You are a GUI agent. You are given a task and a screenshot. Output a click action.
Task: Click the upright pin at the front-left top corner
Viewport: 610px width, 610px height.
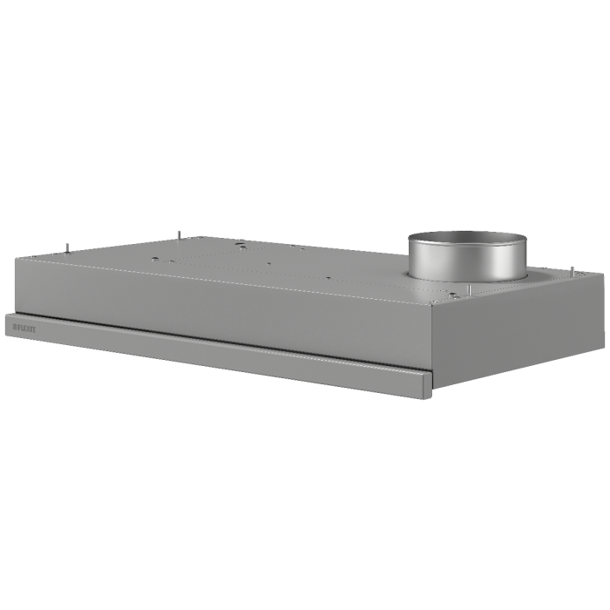(69, 247)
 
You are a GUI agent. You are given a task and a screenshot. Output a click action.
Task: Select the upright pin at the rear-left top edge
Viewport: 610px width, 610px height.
(179, 234)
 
